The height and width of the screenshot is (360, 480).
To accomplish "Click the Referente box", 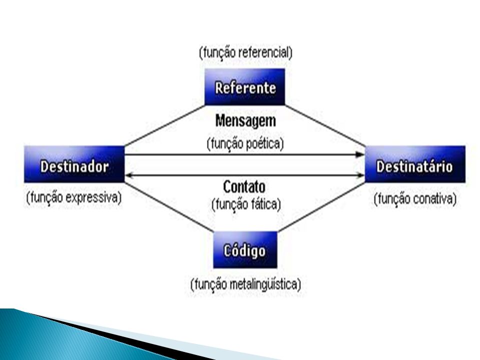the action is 244,87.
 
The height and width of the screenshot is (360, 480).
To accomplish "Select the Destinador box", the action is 74,164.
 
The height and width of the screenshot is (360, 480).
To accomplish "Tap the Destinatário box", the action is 415,164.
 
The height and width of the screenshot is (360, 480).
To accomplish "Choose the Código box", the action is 245,250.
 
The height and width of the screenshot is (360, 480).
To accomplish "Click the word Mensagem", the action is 245,120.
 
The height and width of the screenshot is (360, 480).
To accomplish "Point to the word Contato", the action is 244,186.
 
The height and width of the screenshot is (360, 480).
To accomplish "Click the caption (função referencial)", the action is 245,52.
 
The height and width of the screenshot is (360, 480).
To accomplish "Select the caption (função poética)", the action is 245,143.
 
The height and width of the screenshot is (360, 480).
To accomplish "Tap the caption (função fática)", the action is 246,204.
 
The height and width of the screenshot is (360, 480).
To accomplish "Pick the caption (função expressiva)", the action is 74,197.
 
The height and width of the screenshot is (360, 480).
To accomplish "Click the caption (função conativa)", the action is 415,199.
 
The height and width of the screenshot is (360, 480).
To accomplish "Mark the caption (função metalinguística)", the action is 245,284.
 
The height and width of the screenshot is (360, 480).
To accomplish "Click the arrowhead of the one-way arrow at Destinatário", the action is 360,154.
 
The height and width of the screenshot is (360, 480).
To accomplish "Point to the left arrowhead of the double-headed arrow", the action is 129,175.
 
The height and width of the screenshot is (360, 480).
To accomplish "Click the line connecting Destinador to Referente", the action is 164,126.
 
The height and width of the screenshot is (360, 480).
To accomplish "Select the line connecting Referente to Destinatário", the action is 325,126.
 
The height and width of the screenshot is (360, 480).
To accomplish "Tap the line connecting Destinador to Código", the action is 168,207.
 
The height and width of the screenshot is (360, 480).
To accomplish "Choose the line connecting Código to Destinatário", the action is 321,207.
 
